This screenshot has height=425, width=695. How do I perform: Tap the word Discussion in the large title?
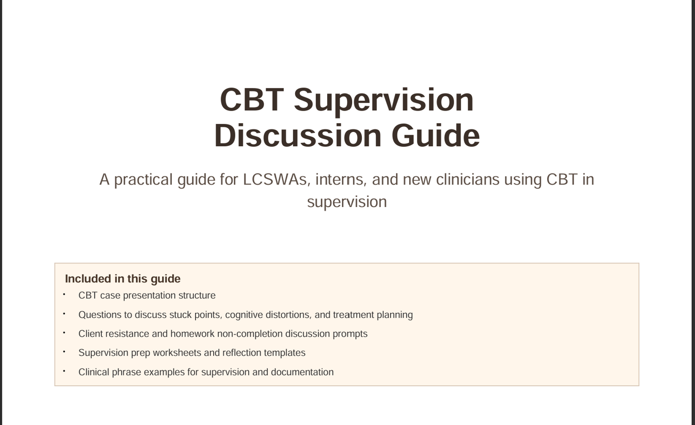[x=298, y=136]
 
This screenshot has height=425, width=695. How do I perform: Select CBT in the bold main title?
[x=252, y=100]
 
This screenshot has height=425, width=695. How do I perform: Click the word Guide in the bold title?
[x=436, y=136]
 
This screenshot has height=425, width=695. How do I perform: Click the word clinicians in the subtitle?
[x=468, y=180]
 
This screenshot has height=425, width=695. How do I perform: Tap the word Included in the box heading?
[x=88, y=279]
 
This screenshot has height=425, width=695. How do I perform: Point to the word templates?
[x=284, y=353]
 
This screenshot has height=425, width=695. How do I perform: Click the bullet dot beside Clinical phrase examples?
[x=64, y=371]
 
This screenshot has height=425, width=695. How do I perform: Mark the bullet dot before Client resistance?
[x=64, y=332]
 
